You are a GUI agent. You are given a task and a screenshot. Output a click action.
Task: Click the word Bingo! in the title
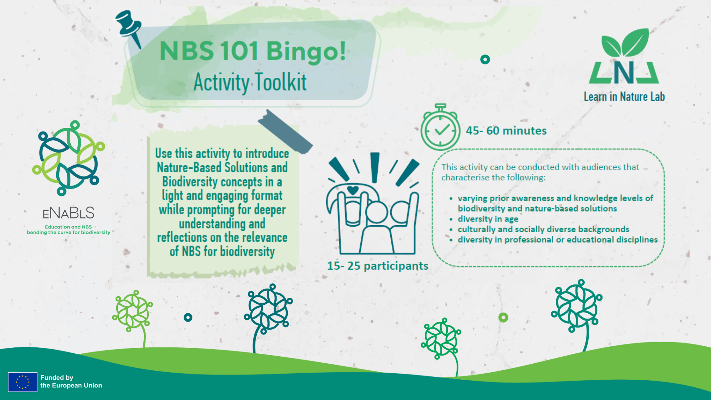click(x=306, y=51)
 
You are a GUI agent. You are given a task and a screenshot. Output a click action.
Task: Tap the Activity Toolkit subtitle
click(x=250, y=82)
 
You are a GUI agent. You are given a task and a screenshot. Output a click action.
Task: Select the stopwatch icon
click(x=440, y=128)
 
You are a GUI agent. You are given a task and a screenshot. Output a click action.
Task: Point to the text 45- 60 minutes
click(x=506, y=131)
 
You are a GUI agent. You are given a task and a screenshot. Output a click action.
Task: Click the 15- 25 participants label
click(x=377, y=266)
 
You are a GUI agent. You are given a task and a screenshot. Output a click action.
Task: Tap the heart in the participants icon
click(x=353, y=190)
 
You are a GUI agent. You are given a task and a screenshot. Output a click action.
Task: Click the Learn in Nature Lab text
click(x=624, y=97)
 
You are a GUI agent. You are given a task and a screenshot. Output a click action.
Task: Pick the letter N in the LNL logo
click(x=624, y=73)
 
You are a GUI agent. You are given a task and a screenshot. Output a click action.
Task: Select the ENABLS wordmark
click(x=69, y=213)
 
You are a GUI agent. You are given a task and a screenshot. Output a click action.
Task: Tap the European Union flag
click(x=23, y=382)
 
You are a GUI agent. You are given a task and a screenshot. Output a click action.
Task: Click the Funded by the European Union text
click(x=71, y=381)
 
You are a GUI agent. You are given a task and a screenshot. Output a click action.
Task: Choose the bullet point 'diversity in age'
click(x=488, y=219)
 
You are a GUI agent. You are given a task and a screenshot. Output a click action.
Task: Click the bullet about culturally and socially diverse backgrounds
click(x=543, y=229)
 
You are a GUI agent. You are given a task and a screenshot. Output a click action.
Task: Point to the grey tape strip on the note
click(x=285, y=132)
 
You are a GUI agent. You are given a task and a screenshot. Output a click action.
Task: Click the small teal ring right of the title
click(x=485, y=59)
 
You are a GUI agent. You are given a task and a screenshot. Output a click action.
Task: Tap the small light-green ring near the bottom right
click(x=503, y=317)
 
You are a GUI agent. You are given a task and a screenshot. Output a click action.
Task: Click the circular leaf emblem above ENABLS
click(x=69, y=158)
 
